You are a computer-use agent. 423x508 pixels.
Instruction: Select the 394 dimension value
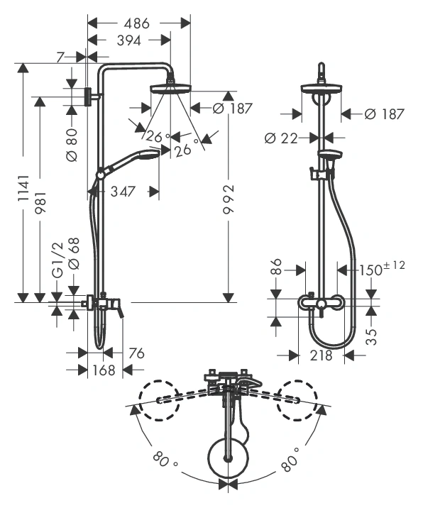coord(129,40)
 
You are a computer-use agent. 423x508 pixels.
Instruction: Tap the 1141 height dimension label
coord(23,189)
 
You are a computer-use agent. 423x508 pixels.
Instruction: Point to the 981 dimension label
coord(41,202)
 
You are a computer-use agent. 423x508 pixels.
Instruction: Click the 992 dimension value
coord(229,199)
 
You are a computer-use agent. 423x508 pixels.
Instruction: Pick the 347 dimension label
coord(123,192)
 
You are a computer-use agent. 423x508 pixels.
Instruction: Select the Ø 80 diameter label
coord(72,145)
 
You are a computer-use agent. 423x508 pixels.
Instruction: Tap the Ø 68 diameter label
coord(74,253)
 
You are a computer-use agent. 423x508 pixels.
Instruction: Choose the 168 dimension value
coord(104,370)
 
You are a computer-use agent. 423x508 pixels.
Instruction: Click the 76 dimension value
coord(136,353)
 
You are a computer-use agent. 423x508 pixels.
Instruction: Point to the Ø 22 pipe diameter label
coord(281,138)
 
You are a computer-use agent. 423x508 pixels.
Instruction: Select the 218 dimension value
coord(322,355)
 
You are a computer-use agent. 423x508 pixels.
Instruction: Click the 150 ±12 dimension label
coord(382,268)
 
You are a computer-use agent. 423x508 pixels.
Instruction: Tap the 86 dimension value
coord(277,266)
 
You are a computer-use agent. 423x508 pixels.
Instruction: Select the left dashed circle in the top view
coord(159,400)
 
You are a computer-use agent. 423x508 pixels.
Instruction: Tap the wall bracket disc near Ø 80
coord(87,96)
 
